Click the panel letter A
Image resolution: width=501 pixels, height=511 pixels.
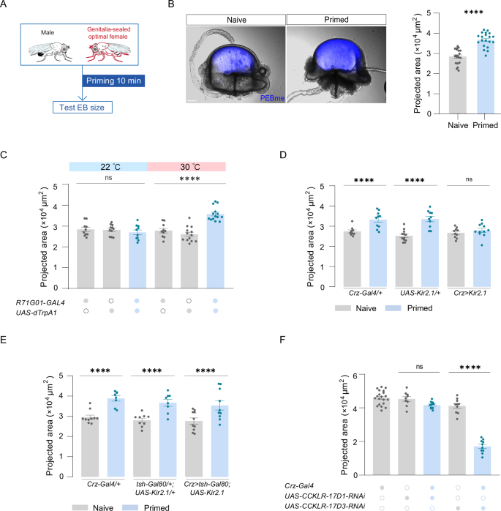(x=6, y=7)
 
